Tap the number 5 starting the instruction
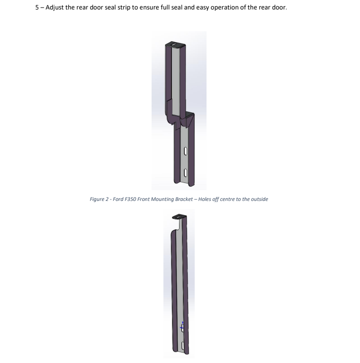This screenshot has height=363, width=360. coord(37,8)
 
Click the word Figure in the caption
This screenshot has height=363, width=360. coord(97,200)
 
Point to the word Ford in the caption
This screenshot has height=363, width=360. coord(118,199)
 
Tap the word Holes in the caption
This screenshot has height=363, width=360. coord(205,199)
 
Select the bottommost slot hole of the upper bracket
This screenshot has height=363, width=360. coord(185,172)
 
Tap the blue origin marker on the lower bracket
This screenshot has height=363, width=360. coord(182,326)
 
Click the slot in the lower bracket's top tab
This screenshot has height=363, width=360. coord(180,216)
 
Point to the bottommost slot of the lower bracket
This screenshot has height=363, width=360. coord(183,345)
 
